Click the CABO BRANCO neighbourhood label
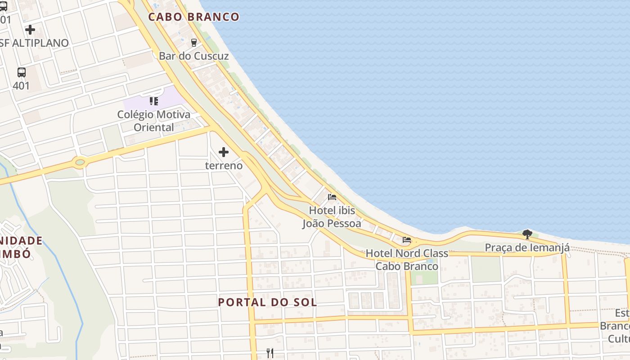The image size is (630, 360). point(193,17)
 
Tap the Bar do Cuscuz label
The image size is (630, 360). point(193,56)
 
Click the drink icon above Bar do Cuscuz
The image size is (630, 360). point(194,42)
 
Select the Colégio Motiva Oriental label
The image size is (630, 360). point(154,121)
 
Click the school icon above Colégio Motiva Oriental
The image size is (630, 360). point(154,101)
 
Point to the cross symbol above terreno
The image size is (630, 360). point(224,152)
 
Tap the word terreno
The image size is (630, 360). point(224,166)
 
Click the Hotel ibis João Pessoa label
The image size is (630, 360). point(332,217)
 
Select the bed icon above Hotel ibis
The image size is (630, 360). point(332,197)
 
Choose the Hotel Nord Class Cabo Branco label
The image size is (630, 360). point(407,260)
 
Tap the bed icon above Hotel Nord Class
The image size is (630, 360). point(407,240)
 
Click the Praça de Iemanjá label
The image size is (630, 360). point(527,247)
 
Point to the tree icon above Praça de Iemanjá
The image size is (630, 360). point(527,234)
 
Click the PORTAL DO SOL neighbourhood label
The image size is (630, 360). point(268,302)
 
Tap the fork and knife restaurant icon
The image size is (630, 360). point(270,353)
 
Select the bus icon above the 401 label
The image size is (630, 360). point(21,72)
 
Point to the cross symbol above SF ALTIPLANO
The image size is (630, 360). point(30,30)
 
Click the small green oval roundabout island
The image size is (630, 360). point(80,162)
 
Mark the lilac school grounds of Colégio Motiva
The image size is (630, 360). point(171,97)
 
